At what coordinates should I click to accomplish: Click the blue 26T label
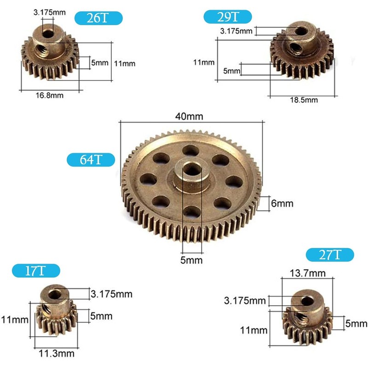(99, 18)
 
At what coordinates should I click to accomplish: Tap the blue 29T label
(228, 18)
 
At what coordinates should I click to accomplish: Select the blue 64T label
(90, 160)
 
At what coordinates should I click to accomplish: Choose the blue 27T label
(330, 255)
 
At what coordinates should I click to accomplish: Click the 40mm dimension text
(189, 116)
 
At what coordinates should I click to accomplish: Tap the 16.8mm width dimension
(49, 95)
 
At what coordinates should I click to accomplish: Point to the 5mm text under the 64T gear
(191, 260)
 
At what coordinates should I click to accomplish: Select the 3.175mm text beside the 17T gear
(112, 293)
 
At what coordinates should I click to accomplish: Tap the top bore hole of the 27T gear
(305, 301)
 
